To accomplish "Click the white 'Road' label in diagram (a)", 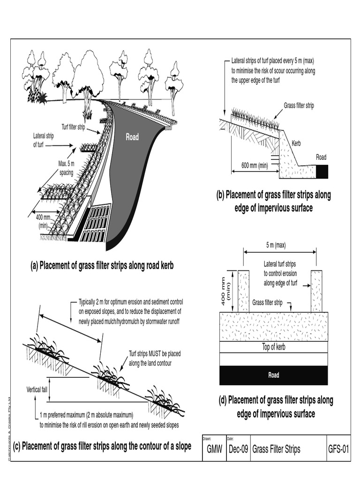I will coord(132,137).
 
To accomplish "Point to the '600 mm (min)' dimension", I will coord(255,165).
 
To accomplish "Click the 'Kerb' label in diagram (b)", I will coord(296,143).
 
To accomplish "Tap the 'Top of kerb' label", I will coord(273,347).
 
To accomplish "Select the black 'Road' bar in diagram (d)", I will coord(273,375).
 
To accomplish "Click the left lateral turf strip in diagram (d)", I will coord(243,291).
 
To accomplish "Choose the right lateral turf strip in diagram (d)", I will coord(317,291).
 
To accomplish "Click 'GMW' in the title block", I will coord(214,450).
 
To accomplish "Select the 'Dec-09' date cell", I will coord(238,450).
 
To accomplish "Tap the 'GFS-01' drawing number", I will coord(338,450).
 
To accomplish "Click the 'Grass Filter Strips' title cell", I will coord(276,450).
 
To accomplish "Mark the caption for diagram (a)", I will coord(102,266).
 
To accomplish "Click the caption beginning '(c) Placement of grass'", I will coord(102,446).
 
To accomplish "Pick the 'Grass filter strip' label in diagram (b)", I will coord(299,105).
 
